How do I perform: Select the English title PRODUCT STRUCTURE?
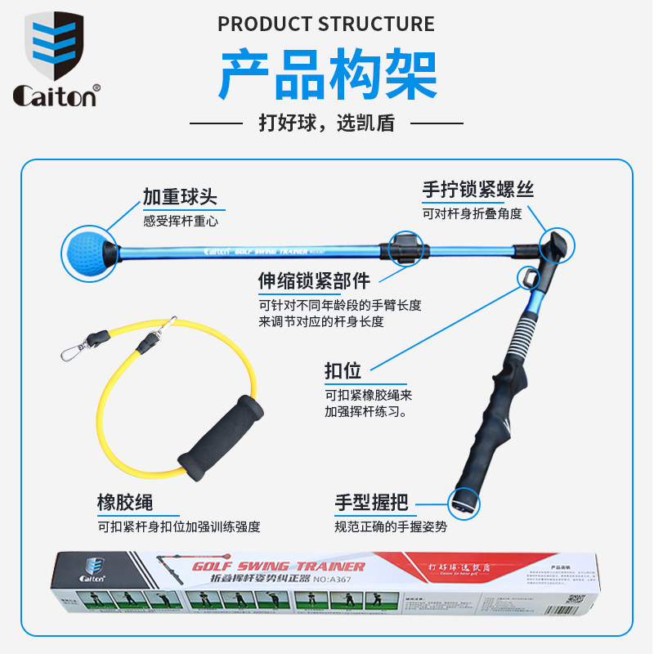[x=326, y=24]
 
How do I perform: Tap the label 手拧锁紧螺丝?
[x=478, y=190]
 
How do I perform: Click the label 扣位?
[x=343, y=370]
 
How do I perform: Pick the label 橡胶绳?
[x=125, y=501]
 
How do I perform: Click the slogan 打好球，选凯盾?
[x=326, y=123]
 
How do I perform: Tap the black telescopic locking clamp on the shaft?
[x=406, y=248]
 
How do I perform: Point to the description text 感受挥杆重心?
[x=181, y=221]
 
